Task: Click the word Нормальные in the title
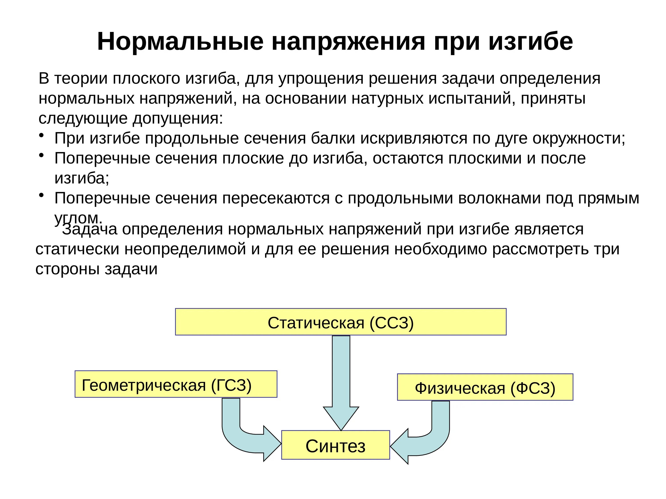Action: tap(180, 41)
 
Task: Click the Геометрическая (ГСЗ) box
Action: tap(176, 384)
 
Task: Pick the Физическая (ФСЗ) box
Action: tap(485, 387)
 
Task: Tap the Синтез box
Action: tap(335, 446)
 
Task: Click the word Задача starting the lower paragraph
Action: tap(90, 230)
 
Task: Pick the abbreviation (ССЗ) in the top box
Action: tap(392, 323)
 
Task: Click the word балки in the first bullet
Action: tap(333, 139)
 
